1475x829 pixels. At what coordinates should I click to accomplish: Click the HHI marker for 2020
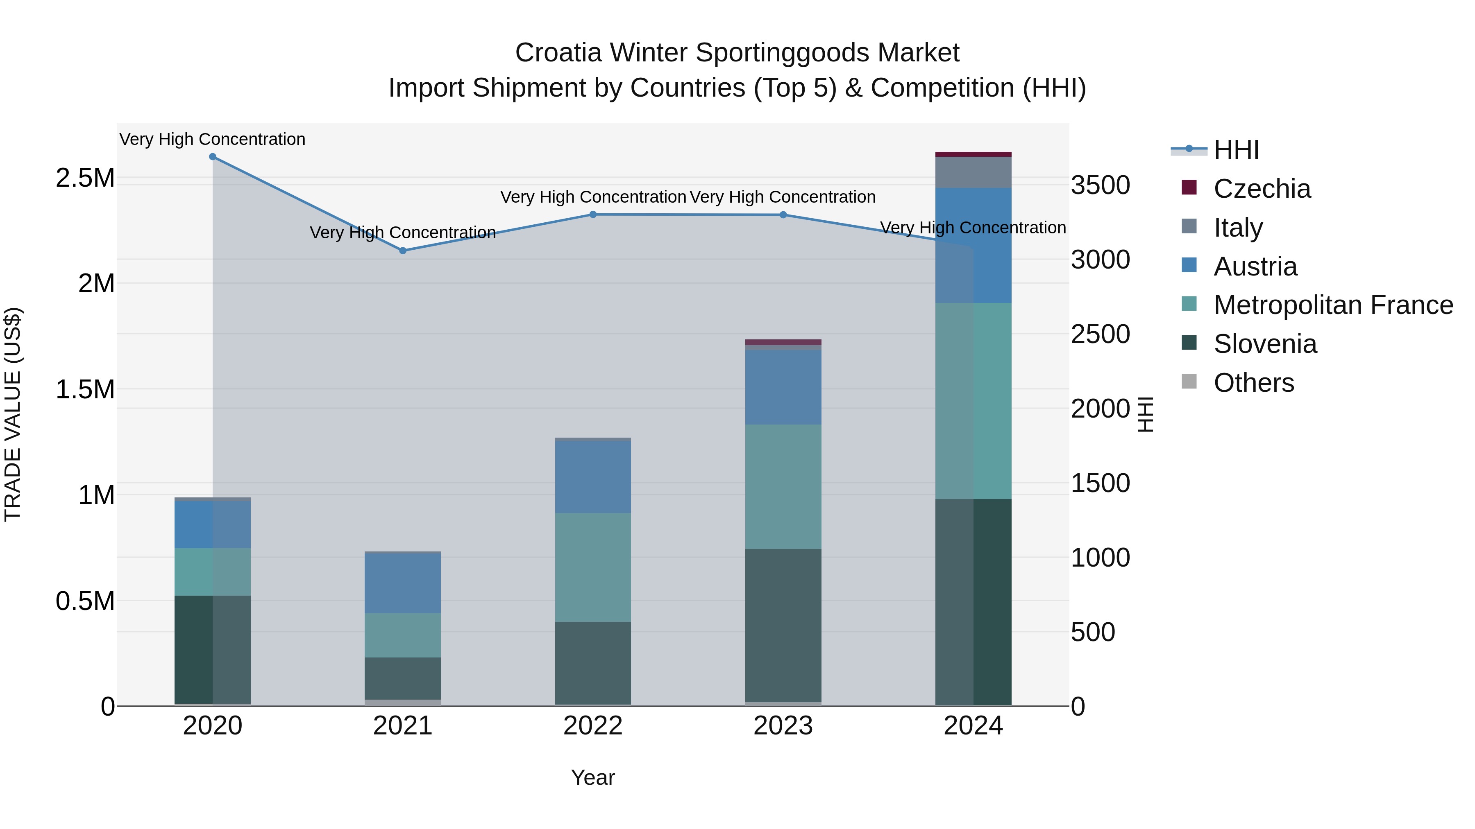212,157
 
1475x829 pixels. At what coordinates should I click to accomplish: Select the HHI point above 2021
402,251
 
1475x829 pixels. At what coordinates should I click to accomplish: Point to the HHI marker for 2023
783,215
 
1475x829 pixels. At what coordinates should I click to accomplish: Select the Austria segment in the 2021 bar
402,583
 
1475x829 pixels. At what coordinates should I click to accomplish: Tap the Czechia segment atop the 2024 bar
973,154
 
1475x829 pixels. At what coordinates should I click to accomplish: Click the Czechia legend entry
1262,189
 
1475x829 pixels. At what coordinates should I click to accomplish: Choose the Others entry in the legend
1253,383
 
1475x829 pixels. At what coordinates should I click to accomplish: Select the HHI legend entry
1236,150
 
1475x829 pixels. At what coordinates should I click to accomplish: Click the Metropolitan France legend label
1333,305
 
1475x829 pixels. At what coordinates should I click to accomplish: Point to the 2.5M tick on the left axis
85,178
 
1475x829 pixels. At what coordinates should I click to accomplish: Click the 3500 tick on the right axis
1100,185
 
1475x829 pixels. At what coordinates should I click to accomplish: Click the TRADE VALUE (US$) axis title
13,414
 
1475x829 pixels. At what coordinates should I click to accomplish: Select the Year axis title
592,777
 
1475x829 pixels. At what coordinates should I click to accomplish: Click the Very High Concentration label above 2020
212,139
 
